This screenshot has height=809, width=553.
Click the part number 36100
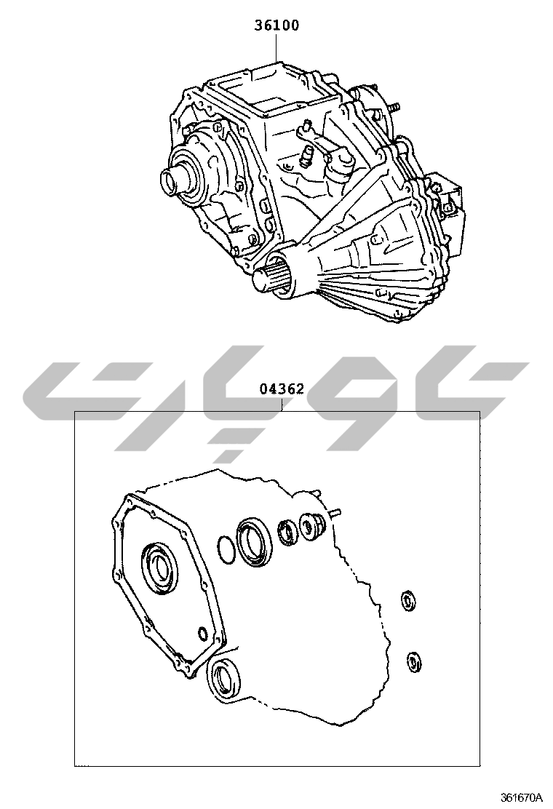(x=276, y=25)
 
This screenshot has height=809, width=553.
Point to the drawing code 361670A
(x=521, y=797)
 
